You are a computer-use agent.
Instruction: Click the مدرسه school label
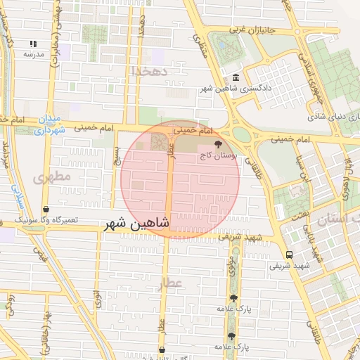[33, 54]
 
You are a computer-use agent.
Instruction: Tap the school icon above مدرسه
[33, 44]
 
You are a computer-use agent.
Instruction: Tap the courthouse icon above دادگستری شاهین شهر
[236, 78]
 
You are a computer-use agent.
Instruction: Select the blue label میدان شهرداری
[50, 124]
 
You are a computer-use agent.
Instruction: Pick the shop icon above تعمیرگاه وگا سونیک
[46, 210]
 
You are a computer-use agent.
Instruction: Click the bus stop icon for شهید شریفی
[289, 255]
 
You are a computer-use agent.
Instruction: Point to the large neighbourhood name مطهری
[52, 177]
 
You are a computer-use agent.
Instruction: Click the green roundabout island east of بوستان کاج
[242, 134]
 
